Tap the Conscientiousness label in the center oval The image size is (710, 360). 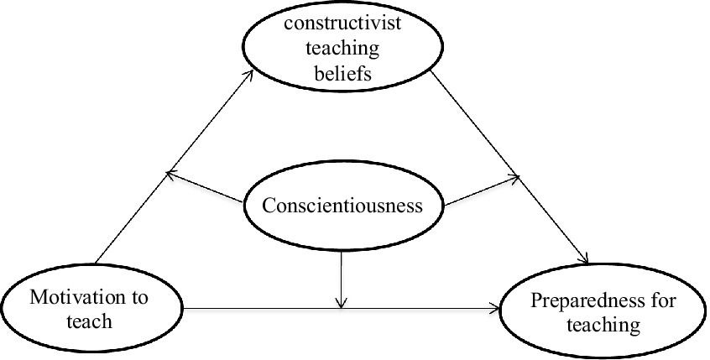pos(342,205)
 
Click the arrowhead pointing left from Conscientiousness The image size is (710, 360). pos(170,174)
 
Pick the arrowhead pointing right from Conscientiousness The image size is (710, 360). pos(518,178)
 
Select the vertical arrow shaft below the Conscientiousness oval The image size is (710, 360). pos(342,277)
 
